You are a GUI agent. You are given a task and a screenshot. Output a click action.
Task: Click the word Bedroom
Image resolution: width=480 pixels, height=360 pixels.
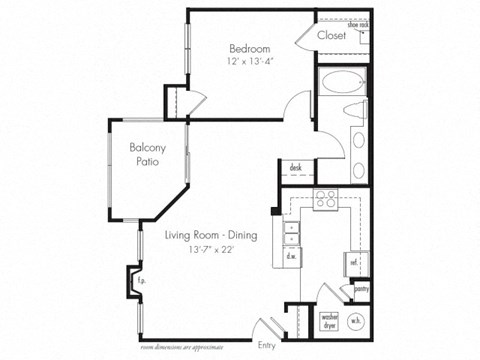pyautogui.click(x=249, y=48)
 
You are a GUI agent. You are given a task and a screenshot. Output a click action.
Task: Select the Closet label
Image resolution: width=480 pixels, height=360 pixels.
pyautogui.click(x=331, y=36)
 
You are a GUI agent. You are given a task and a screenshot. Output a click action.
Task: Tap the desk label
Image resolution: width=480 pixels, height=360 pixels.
pyautogui.click(x=296, y=167)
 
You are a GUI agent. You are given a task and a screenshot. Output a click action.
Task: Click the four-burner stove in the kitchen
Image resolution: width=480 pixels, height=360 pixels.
pyautogui.click(x=325, y=199)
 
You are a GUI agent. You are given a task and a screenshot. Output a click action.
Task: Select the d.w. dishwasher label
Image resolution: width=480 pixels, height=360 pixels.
pyautogui.click(x=290, y=256)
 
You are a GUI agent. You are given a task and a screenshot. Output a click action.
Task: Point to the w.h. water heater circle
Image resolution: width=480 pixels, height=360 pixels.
pyautogui.click(x=357, y=320)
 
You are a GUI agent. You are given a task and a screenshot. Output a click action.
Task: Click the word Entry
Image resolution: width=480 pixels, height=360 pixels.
pyautogui.click(x=266, y=345)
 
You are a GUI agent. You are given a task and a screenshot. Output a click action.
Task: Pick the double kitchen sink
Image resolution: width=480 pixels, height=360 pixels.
pyautogui.click(x=291, y=232)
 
